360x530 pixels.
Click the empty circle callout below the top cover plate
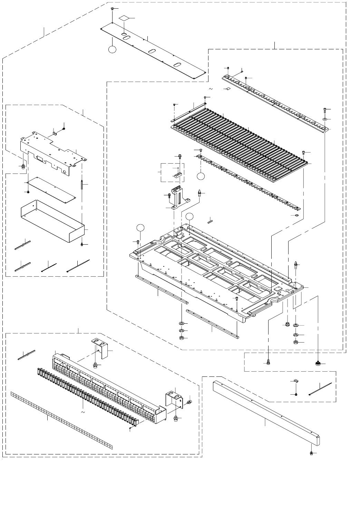(x=112, y=49)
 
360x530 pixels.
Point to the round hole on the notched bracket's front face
(x=64, y=171)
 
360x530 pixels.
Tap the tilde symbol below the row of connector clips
(x=82, y=412)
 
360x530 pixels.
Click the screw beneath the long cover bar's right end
(x=311, y=453)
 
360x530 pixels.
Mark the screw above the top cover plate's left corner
(x=113, y=9)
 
